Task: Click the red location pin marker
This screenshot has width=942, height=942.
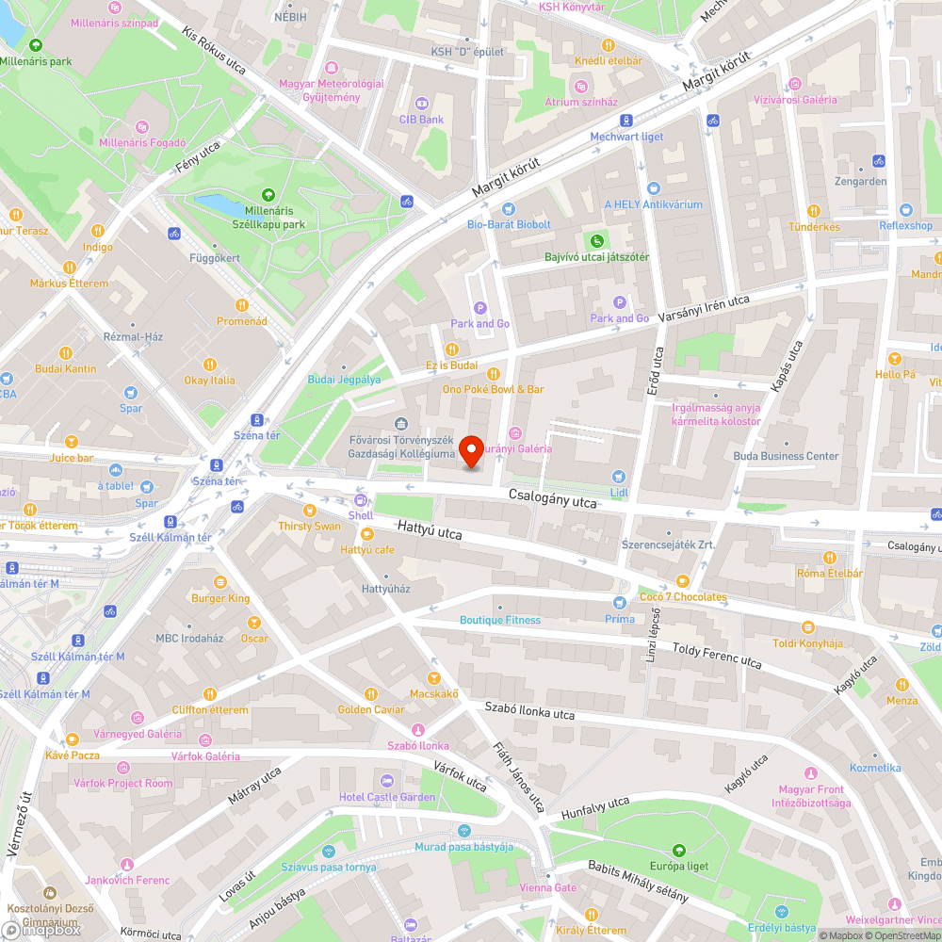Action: click(471, 450)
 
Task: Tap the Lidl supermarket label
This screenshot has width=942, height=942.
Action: click(618, 492)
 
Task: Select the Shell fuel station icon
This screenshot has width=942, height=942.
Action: click(360, 500)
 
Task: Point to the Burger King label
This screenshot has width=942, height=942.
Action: click(220, 597)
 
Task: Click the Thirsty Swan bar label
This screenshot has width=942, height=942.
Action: click(309, 526)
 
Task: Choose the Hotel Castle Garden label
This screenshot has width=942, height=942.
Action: click(387, 797)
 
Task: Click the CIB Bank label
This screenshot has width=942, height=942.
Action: click(421, 120)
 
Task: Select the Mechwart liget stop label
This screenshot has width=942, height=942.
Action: click(626, 137)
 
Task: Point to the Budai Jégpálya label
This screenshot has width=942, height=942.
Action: click(344, 380)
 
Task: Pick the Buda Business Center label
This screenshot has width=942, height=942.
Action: click(786, 456)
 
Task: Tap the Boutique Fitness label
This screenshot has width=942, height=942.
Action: click(500, 620)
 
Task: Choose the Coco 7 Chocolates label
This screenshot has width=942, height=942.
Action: click(683, 596)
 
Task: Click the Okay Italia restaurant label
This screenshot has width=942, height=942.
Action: click(210, 380)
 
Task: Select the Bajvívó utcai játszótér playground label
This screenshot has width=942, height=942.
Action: click(597, 256)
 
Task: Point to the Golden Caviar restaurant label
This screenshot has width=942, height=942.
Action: click(371, 709)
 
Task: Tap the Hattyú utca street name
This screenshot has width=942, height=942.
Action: click(430, 532)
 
